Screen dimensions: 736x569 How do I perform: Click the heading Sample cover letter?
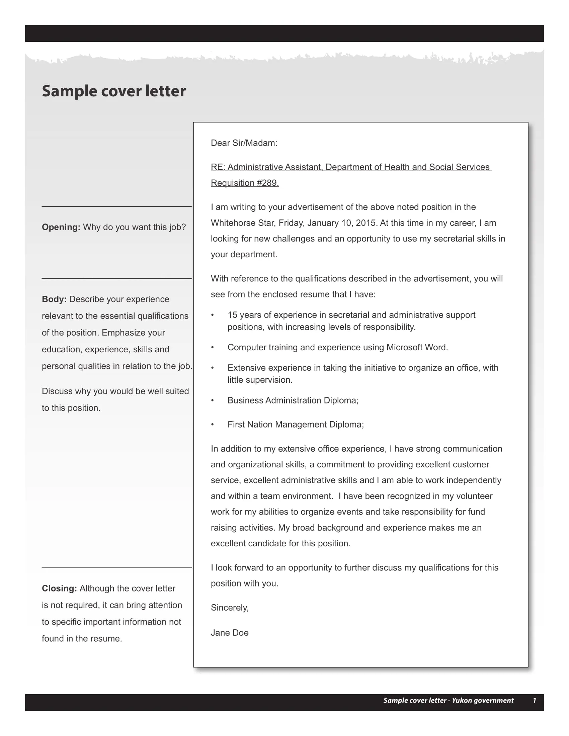point(113,91)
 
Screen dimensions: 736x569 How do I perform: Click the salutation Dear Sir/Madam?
point(244,143)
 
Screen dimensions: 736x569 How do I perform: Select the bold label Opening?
point(61,227)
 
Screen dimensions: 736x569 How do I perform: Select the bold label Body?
point(54,299)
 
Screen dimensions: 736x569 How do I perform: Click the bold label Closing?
point(59,588)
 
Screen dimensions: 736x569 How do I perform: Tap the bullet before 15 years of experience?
point(212,315)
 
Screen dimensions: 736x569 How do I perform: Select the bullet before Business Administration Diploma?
point(212,400)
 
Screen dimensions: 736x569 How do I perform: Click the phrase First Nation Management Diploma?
point(295,425)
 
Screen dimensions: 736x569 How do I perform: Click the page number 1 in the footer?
point(534,700)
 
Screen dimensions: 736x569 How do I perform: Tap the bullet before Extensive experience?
point(212,368)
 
